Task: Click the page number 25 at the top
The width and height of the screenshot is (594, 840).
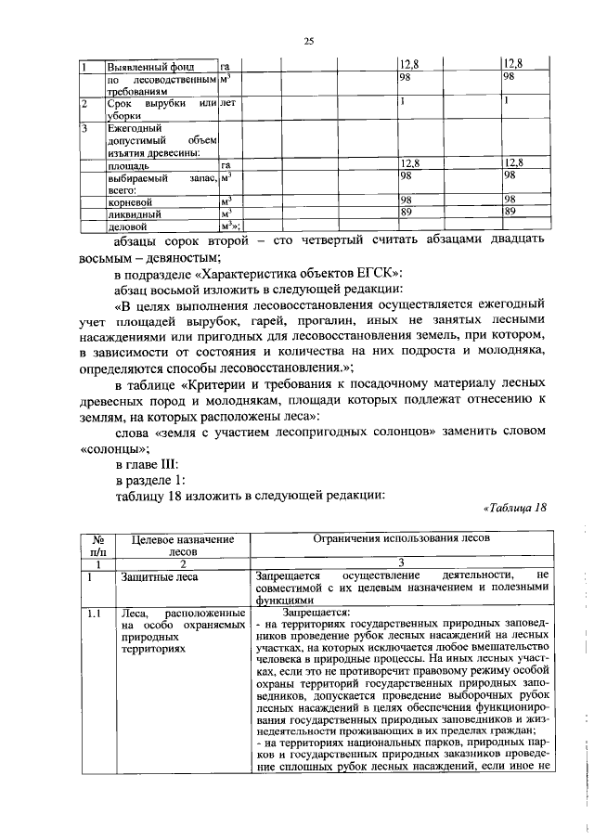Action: pos(310,41)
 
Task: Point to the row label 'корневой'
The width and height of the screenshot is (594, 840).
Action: pos(130,200)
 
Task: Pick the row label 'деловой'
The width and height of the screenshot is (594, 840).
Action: pos(128,225)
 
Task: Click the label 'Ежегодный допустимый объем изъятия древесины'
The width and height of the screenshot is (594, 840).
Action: pos(148,140)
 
